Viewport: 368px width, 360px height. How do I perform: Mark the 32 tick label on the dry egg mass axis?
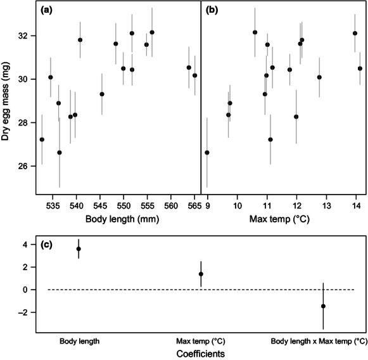click(26, 35)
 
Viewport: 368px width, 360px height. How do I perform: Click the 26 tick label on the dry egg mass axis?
click(26, 166)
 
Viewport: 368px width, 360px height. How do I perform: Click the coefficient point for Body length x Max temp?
click(323, 306)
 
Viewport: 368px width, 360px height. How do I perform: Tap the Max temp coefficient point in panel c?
click(201, 274)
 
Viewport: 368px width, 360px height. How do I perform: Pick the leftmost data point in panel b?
click(207, 153)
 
